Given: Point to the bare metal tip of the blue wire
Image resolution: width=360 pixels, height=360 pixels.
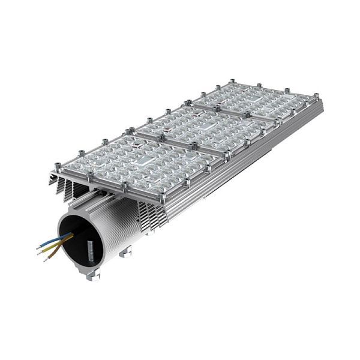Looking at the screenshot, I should (x=38, y=245).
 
